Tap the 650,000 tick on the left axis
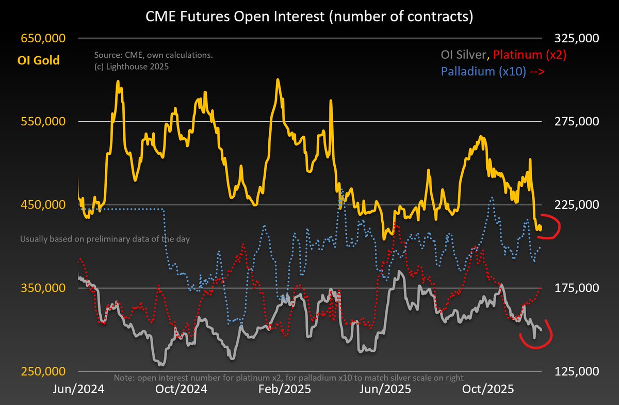[43, 39]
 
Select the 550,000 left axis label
[43, 122]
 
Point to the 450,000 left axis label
[43, 205]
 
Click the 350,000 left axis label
[43, 288]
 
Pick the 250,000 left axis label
[43, 371]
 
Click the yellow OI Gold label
[40, 60]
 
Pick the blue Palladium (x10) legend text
[483, 72]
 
